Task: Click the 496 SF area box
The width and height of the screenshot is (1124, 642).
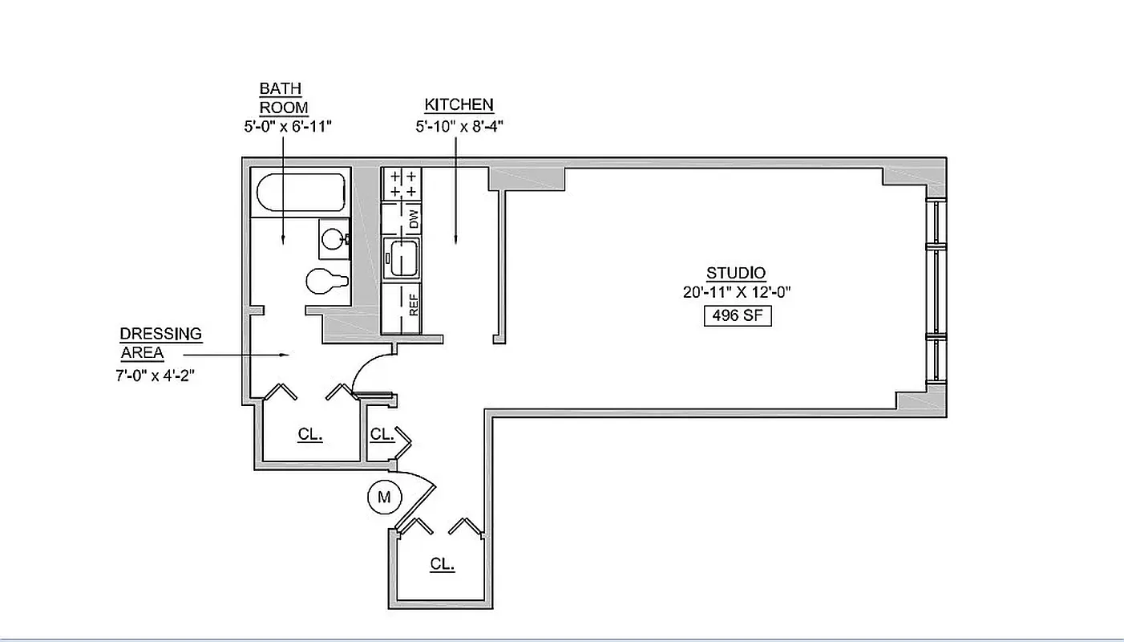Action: pos(737,316)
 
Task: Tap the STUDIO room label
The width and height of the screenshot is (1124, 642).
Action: pos(735,273)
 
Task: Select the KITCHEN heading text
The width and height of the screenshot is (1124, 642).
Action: pos(459,105)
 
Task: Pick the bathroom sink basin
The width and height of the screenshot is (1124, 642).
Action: pos(334,238)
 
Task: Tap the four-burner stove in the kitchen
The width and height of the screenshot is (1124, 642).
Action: pos(402,184)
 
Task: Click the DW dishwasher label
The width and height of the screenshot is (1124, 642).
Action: pos(414,219)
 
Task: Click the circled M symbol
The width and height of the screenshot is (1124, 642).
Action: pos(384,498)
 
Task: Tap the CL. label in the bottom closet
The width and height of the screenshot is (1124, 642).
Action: pos(442,564)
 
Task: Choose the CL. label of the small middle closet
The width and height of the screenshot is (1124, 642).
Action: pos(382,434)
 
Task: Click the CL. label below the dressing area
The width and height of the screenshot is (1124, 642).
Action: pos(309,434)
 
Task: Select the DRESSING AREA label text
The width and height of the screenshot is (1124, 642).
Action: pos(160,343)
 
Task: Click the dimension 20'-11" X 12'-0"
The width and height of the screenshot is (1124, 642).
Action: pos(736,293)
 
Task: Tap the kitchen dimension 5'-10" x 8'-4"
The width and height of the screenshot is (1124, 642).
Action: pos(459,126)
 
